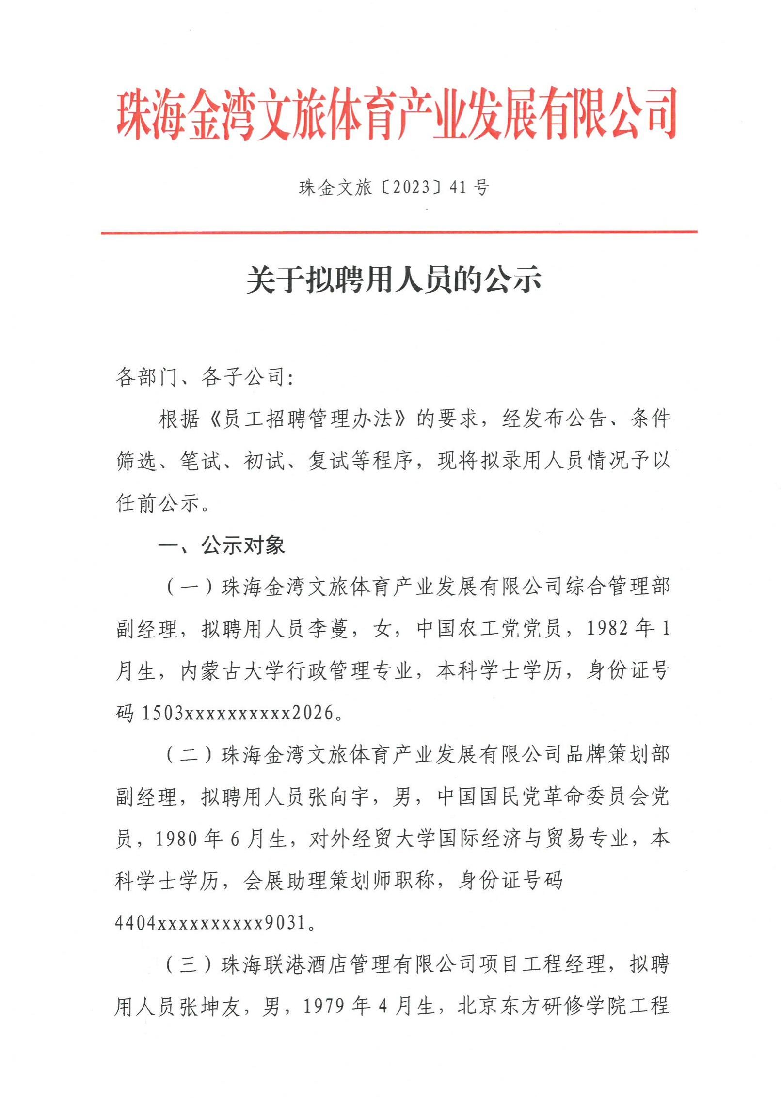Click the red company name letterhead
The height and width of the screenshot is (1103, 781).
[396, 114]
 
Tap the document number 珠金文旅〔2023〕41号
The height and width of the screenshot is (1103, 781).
[394, 187]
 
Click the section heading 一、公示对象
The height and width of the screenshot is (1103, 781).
[222, 546]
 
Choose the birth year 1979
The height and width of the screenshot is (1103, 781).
[324, 1007]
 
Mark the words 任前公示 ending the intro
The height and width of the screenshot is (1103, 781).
[158, 504]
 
